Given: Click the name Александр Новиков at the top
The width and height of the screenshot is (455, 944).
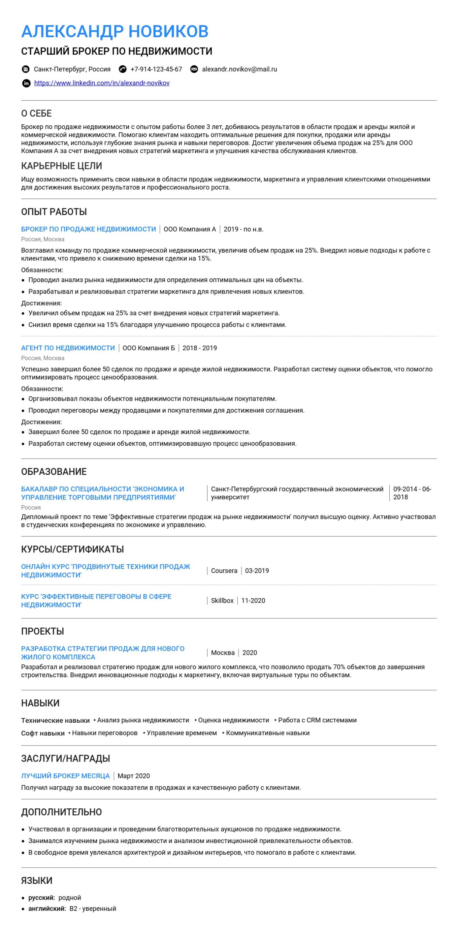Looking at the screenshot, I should coord(115,31).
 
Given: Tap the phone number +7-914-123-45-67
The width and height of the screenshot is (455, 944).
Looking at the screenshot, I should coord(156,69).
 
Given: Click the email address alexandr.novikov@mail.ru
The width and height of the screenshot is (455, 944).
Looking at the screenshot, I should coord(239,69).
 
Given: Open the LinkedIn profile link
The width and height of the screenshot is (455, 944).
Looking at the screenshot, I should coord(102,83).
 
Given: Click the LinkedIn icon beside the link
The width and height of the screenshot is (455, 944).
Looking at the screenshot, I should coord(26,83).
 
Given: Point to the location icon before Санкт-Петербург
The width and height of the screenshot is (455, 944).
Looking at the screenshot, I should coord(26,69).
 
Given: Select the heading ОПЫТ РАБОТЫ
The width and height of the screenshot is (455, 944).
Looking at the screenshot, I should coord(54,212).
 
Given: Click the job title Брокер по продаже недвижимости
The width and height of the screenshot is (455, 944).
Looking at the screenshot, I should coord(88,229).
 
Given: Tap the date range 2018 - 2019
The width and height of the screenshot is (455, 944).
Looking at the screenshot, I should coord(199,348).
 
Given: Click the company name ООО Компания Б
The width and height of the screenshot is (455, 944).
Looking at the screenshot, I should coord(149,348).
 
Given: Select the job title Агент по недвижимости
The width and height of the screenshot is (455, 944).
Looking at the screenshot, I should coord(68,348).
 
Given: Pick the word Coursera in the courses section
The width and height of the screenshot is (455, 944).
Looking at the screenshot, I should coord(224,571).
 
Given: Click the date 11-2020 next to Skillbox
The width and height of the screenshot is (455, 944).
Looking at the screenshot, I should coord(253,601).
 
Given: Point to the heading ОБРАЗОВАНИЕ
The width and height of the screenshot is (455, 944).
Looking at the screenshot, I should coord(54,472).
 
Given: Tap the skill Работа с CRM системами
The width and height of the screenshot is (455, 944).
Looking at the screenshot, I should coord(317,720).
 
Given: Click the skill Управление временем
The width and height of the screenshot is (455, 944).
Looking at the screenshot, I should coord(181,733).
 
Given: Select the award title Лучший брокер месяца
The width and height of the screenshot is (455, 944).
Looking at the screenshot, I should coord(65,776).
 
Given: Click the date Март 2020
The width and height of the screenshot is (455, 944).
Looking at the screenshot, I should coord(133,776).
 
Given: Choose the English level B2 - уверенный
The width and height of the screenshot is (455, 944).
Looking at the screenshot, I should coord(93,909).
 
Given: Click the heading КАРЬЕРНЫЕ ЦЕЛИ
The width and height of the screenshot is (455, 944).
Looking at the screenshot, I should coord(62,166).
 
